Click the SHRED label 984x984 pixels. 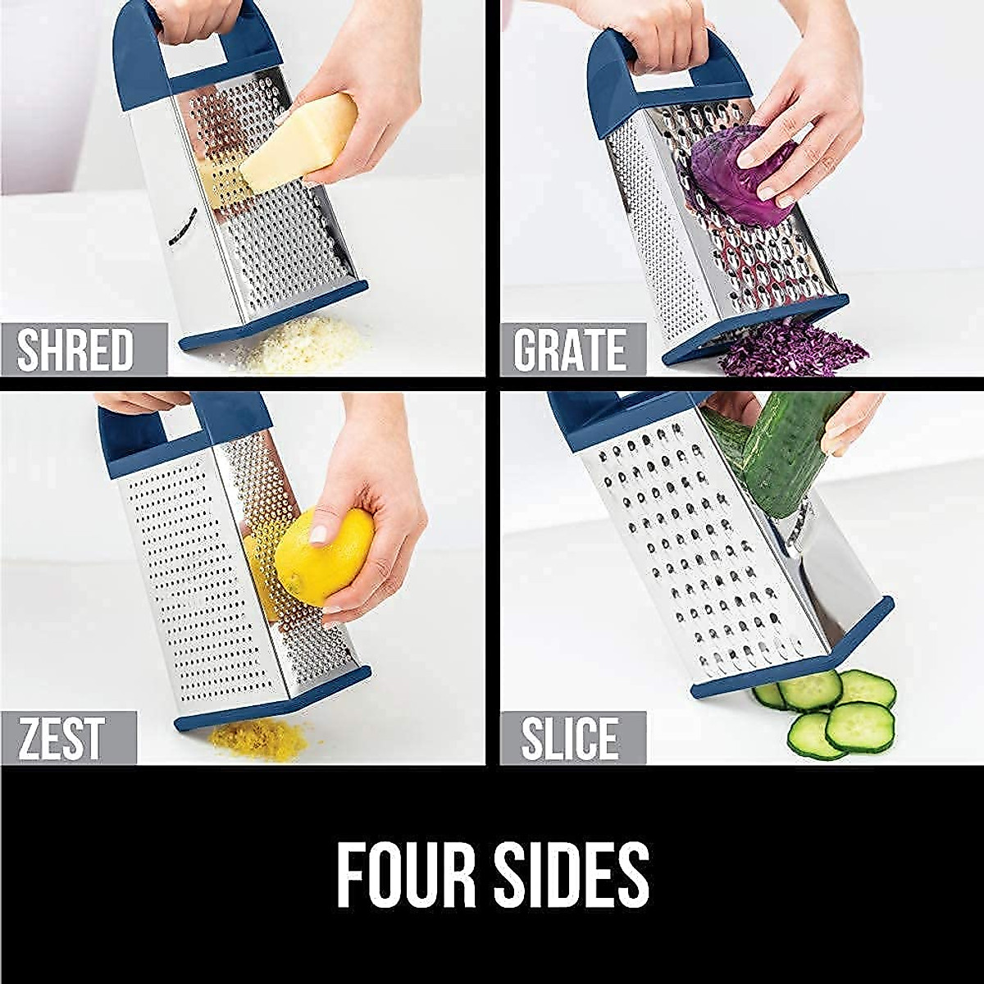pyautogui.click(x=75, y=349)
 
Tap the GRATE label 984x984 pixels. pyautogui.click(x=569, y=349)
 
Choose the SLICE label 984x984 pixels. pyautogui.click(x=571, y=738)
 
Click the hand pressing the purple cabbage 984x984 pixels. pyautogui.click(x=808, y=131)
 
